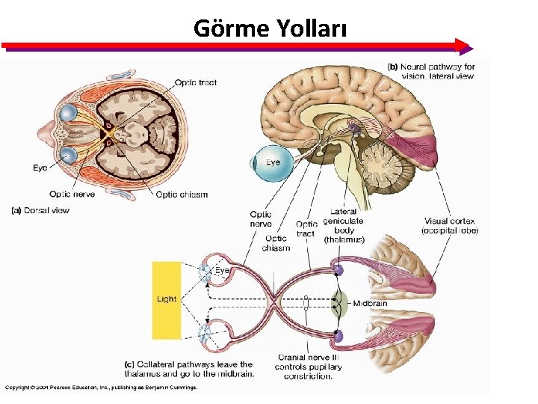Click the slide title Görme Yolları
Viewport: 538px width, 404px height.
pyautogui.click(x=269, y=28)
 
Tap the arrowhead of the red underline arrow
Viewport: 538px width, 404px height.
pyautogui.click(x=465, y=46)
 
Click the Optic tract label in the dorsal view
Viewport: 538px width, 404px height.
pyautogui.click(x=196, y=82)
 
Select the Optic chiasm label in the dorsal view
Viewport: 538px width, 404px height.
pyautogui.click(x=182, y=195)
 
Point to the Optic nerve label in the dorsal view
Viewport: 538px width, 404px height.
pyautogui.click(x=72, y=195)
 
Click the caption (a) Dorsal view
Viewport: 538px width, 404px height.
pyautogui.click(x=40, y=210)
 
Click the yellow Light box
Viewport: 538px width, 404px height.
pyautogui.click(x=167, y=299)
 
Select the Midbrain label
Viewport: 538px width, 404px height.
pyautogui.click(x=369, y=304)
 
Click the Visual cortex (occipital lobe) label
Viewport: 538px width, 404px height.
pyautogui.click(x=450, y=226)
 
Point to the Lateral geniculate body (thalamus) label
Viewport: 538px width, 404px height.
pyautogui.click(x=344, y=226)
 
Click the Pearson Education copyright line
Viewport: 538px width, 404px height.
pyautogui.click(x=101, y=388)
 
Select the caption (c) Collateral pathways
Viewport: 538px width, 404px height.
pyautogui.click(x=189, y=369)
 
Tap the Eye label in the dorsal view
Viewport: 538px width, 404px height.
pyautogui.click(x=40, y=168)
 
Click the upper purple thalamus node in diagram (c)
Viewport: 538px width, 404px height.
pyautogui.click(x=338, y=269)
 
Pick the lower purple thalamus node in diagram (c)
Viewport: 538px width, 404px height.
pyautogui.click(x=338, y=336)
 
